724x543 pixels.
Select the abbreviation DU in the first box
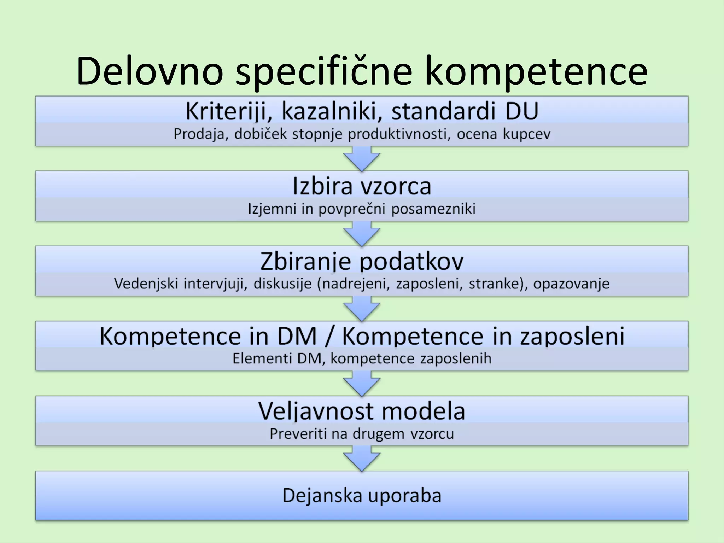coord(522,111)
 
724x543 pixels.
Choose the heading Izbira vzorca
coord(362,186)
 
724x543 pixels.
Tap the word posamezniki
coord(433,209)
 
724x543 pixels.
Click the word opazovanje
coord(571,284)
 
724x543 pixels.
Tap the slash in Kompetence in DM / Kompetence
coord(329,336)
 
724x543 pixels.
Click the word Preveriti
coord(298,434)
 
